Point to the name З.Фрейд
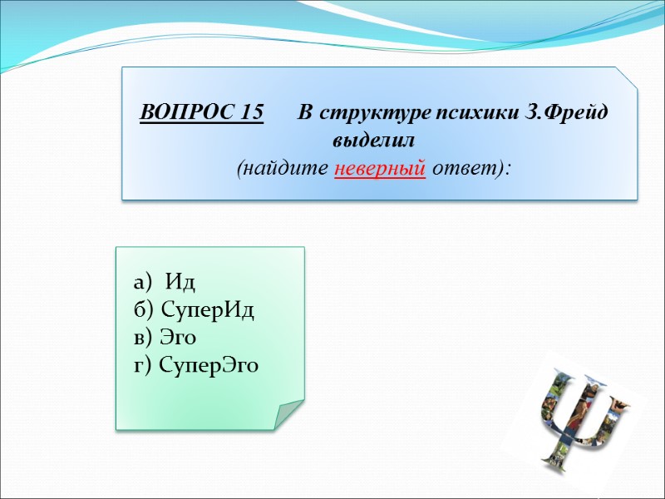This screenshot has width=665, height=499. pos(569,112)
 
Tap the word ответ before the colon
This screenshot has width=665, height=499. pos(469,168)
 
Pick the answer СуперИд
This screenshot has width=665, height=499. pos(207,310)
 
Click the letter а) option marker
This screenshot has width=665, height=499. pos(142,283)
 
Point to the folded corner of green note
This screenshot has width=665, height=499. pos(288,413)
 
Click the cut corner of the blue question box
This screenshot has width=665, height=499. pos(628,78)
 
